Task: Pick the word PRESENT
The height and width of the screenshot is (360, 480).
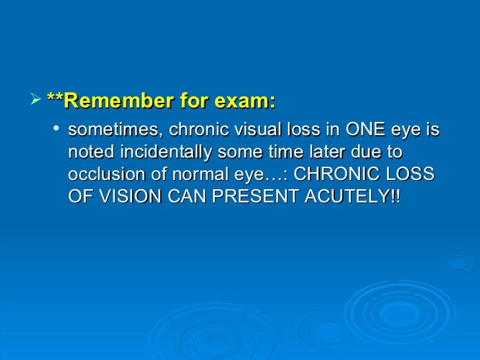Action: tap(255, 198)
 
